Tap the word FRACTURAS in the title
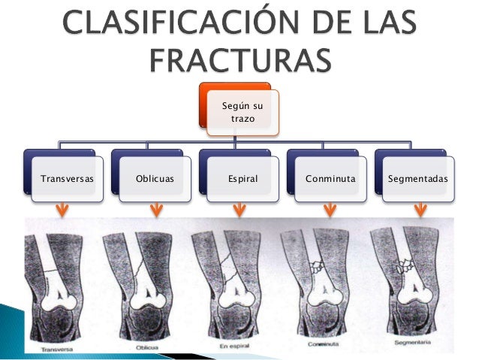[239, 59]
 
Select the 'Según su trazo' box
[242, 113]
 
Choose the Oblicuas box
[155, 180]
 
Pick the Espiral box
[243, 180]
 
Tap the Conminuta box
[330, 180]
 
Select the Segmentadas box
[418, 180]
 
